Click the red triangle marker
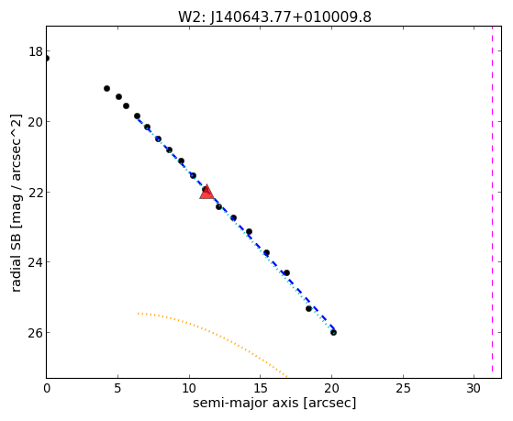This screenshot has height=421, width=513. pyautogui.click(x=206, y=193)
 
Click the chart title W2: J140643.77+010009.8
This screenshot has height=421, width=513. pyautogui.click(x=274, y=17)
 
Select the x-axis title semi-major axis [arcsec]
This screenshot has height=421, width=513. pyautogui.click(x=274, y=403)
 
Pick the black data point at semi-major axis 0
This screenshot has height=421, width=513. pyautogui.click(x=47, y=58)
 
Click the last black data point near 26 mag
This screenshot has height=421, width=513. pyautogui.click(x=333, y=332)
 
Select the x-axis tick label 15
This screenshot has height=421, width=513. pyautogui.click(x=260, y=389)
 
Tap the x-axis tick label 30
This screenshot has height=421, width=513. pyautogui.click(x=474, y=389)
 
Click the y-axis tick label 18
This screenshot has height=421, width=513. pyautogui.click(x=36, y=51)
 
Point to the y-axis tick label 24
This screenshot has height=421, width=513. pyautogui.click(x=36, y=262)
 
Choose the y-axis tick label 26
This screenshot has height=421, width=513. pyautogui.click(x=36, y=333)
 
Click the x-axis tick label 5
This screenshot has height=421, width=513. pyautogui.click(x=117, y=389)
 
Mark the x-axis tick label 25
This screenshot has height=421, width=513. pyautogui.click(x=403, y=389)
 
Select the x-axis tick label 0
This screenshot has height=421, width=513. pyautogui.click(x=47, y=389)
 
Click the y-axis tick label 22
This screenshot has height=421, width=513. pyautogui.click(x=36, y=192)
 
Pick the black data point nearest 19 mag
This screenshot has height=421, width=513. pyautogui.click(x=106, y=88)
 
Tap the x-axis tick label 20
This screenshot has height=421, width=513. pyautogui.click(x=331, y=389)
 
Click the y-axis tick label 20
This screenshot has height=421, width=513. pyautogui.click(x=36, y=122)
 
